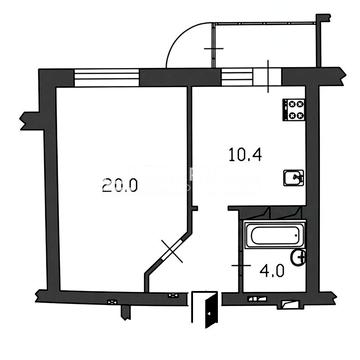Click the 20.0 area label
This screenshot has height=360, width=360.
pyautogui.click(x=120, y=185)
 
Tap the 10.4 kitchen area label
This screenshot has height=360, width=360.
pyautogui.click(x=245, y=155)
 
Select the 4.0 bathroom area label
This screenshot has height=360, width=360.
pyautogui.click(x=272, y=271)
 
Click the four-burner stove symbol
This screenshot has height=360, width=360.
pyautogui.click(x=294, y=110)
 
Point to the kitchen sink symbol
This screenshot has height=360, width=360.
pyautogui.click(x=294, y=178)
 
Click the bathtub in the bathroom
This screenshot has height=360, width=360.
pyautogui.click(x=275, y=236)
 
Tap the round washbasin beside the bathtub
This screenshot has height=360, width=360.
pyautogui.click(x=298, y=257)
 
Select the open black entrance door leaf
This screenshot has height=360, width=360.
pyautogui.click(x=212, y=310)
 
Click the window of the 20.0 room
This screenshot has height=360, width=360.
pyautogui.click(x=106, y=78)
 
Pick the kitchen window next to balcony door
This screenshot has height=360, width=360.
pyautogui.click(x=237, y=77)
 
